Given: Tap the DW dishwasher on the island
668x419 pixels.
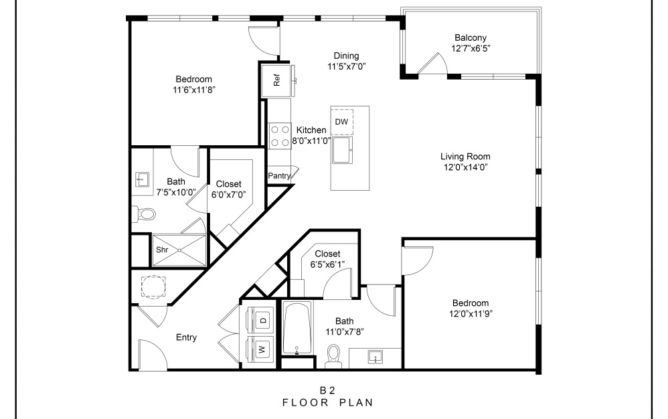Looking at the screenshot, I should click(341, 121).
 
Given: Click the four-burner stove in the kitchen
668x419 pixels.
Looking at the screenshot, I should click(278, 136).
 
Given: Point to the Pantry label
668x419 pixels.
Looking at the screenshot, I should click(278, 175).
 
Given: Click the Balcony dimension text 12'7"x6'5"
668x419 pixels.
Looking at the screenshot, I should click(471, 48).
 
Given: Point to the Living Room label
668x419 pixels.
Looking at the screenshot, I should click(470, 157).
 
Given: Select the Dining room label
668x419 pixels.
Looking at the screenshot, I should click(346, 56).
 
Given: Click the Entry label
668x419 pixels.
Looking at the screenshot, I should click(186, 337).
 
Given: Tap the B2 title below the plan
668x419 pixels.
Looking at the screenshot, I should click(327, 390).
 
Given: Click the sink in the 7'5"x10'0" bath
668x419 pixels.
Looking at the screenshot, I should click(142, 179).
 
